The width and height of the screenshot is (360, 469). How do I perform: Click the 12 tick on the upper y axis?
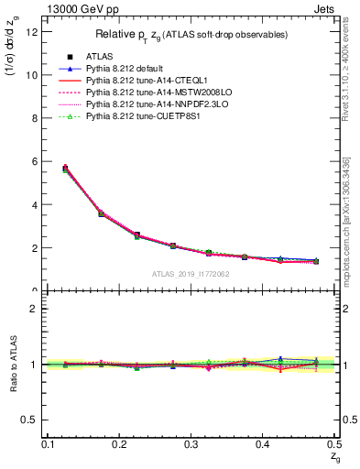36,32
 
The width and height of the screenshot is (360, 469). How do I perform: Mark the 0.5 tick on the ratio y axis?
34,420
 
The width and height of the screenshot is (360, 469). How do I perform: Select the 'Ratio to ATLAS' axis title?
13,362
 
